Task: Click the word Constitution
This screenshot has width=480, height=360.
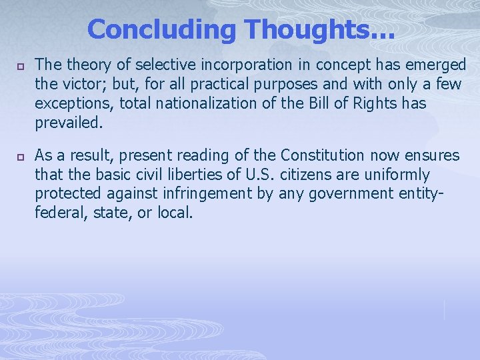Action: pyautogui.click(x=323, y=156)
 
